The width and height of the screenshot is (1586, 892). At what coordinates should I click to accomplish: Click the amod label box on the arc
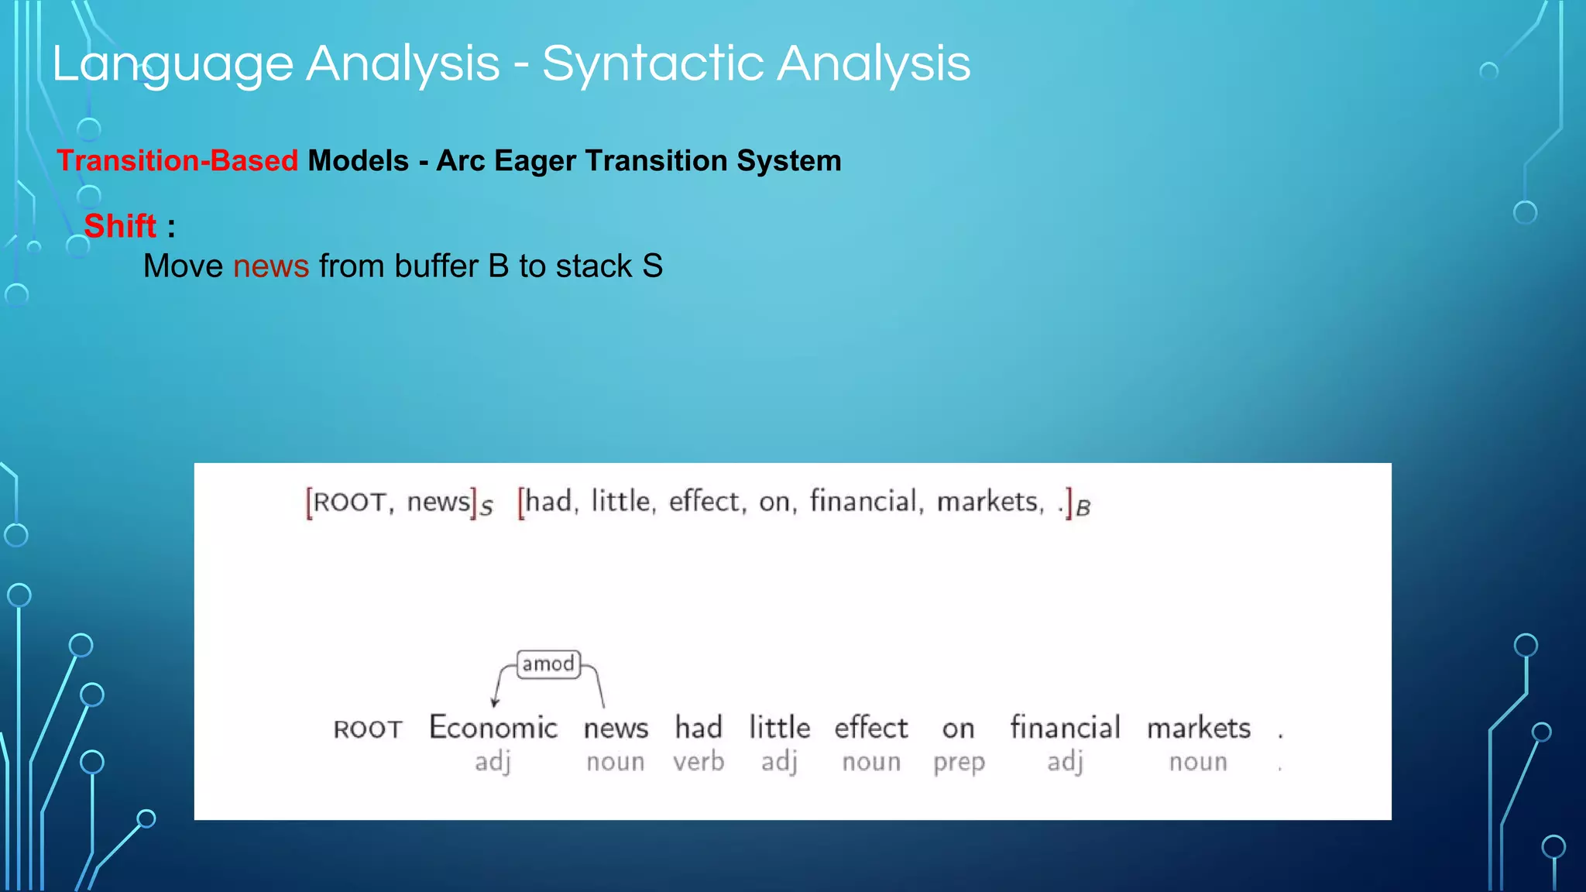click(x=548, y=664)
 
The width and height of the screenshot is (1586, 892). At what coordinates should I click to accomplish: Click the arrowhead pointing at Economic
click(x=495, y=702)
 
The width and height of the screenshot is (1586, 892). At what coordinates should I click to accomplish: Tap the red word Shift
click(x=120, y=226)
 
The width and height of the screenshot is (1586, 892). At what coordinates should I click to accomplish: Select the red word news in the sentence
click(x=271, y=266)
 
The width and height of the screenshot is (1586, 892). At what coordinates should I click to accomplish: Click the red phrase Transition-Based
click(x=177, y=161)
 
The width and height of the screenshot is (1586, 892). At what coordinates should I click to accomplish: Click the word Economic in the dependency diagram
click(x=493, y=728)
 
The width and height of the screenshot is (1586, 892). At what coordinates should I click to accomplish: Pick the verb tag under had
click(x=699, y=762)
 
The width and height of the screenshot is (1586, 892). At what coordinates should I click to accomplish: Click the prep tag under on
click(x=959, y=763)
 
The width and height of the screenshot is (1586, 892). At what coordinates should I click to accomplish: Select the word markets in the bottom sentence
click(x=1198, y=728)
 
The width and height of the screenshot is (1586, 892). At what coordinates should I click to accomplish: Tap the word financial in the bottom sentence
click(x=1065, y=728)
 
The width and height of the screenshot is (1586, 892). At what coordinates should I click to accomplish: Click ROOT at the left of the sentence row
click(x=368, y=729)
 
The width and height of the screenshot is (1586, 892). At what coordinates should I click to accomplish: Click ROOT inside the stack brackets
click(x=349, y=503)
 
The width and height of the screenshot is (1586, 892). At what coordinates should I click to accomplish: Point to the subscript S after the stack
click(x=486, y=509)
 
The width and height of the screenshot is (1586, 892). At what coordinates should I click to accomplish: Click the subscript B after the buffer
click(x=1083, y=509)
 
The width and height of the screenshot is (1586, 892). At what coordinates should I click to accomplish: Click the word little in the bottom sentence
click(x=779, y=728)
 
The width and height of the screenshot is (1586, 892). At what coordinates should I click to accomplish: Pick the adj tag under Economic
click(x=493, y=762)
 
